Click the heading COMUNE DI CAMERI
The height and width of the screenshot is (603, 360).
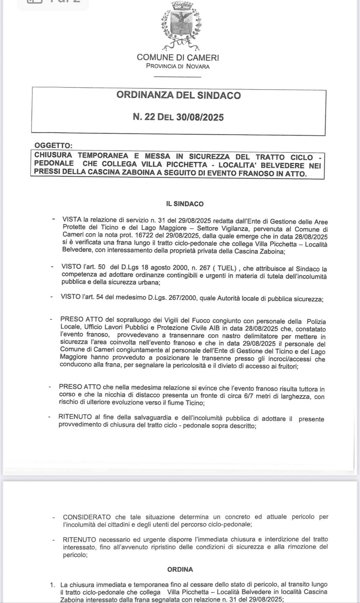coord(178,57)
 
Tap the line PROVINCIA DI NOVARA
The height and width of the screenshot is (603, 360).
coord(178,67)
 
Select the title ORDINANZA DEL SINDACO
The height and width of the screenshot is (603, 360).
coord(179,95)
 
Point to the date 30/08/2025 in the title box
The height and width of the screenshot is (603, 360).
coord(200,117)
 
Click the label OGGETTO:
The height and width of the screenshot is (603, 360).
coord(53,146)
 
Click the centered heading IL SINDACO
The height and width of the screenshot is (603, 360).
coord(185,204)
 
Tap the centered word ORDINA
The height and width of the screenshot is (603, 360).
coord(180,569)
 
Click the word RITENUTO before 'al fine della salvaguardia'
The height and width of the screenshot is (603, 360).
coord(76,418)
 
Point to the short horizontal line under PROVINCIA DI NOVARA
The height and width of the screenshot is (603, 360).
coord(178,77)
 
